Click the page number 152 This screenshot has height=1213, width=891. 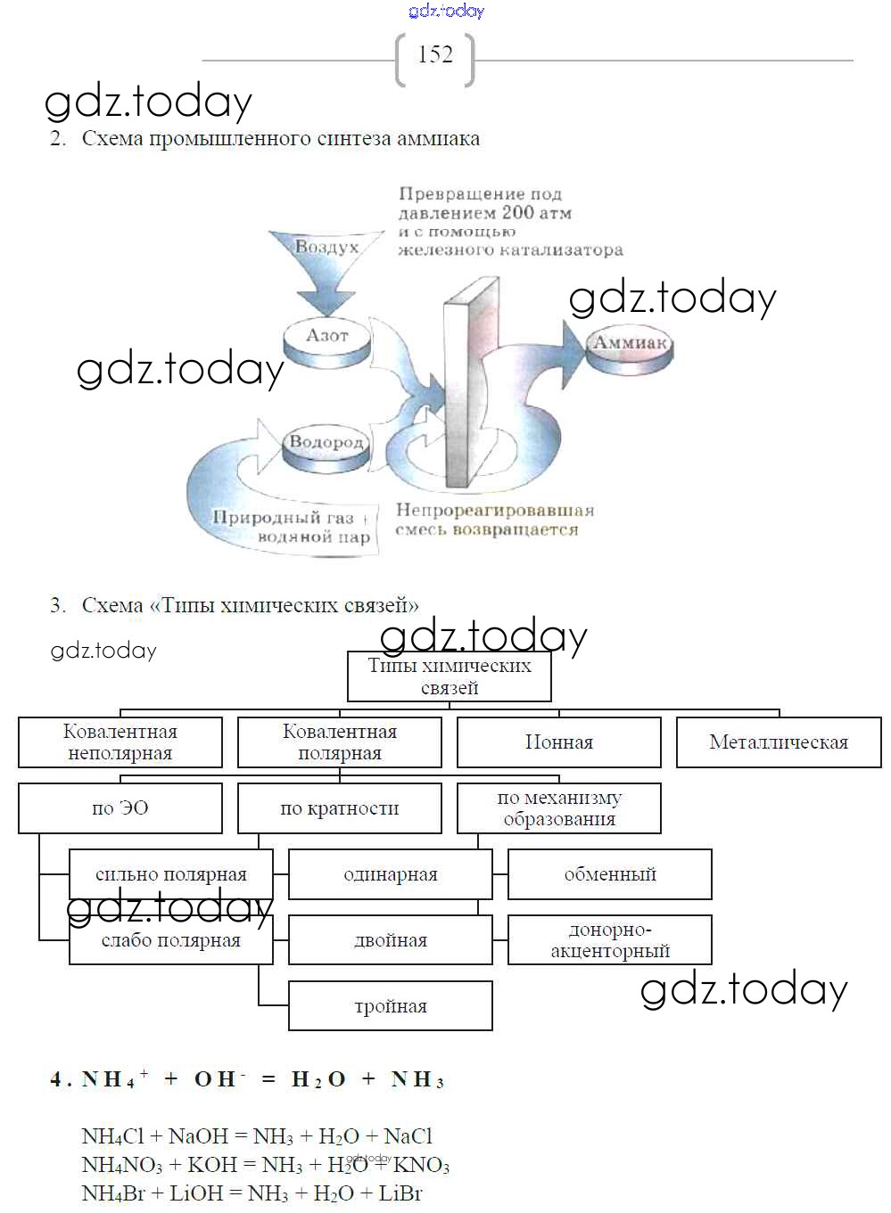(435, 55)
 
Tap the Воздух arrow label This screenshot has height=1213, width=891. (326, 247)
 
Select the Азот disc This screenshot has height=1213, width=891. (327, 337)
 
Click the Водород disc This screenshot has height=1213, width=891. (326, 444)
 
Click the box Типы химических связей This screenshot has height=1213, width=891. (449, 676)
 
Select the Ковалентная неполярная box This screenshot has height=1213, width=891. (120, 742)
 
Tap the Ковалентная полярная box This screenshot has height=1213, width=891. (340, 742)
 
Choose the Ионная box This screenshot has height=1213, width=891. (559, 742)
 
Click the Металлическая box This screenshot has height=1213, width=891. (779, 742)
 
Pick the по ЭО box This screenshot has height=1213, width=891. (120, 808)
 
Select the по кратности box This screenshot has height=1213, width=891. (340, 808)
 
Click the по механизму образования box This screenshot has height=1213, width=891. (559, 808)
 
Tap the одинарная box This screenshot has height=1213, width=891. (391, 874)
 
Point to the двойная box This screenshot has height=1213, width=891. (391, 940)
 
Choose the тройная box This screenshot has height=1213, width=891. (391, 1006)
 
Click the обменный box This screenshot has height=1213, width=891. (610, 874)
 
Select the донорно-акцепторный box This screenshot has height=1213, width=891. (610, 940)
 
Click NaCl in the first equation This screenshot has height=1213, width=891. (408, 1136)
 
